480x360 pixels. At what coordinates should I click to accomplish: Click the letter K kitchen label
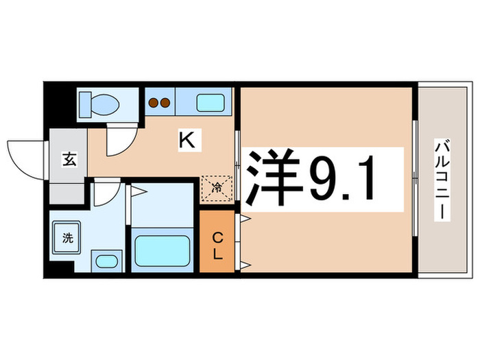coord(187,141)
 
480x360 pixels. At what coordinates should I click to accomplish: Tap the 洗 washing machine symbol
coord(67,239)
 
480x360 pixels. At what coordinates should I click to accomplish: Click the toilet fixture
coord(99,105)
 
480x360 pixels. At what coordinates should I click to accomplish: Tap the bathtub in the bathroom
coord(163,250)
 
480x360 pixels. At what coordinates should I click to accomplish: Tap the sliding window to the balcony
coord(414,180)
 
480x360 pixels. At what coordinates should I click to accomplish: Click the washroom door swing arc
coord(106,194)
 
